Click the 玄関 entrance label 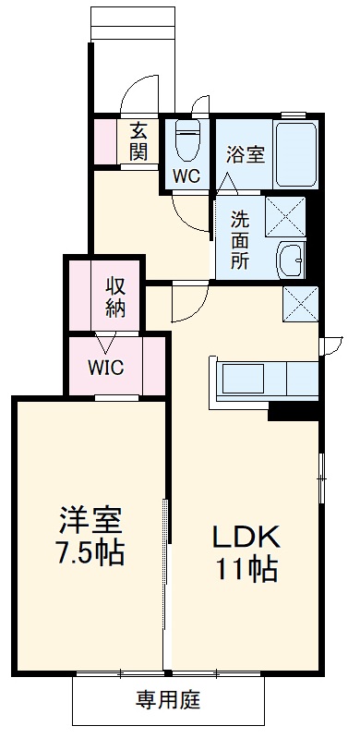138,141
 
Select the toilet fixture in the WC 189,141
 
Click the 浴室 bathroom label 245,153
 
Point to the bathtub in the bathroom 295,151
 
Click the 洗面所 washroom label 240,239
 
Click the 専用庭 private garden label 168,699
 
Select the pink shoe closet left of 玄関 106,140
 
